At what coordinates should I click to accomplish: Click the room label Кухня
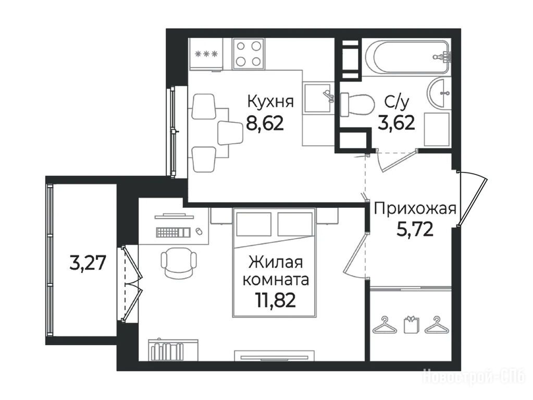coord(270,102)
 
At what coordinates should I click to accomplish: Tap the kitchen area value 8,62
coord(265,123)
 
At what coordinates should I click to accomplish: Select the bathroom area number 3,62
coord(396,122)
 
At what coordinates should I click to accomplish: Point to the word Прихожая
coord(415,209)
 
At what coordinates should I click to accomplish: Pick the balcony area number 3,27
coord(88,262)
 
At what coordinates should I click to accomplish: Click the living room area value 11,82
coord(275,300)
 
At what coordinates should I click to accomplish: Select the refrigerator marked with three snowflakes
coord(206,55)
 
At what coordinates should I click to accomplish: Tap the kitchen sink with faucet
coord(318,98)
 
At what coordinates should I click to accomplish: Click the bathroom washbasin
coord(439,92)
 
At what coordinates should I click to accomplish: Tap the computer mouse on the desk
coord(199,231)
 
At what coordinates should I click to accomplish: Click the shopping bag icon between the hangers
coord(411,324)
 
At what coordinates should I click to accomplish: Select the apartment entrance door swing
coord(472,198)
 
